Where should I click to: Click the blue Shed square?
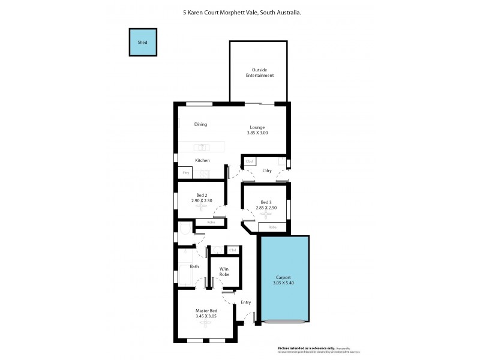pos(142,43)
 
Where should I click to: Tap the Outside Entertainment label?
pos(259,73)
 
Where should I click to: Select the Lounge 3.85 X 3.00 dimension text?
pos(257,133)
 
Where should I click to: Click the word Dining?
pos(200,125)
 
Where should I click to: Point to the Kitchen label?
pos(202,160)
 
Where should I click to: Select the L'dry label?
pos(268,171)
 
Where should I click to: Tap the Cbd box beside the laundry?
pos(250,161)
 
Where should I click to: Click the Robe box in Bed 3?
pos(272,227)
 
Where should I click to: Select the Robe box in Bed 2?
pos(211,223)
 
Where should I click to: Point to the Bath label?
pos(194,266)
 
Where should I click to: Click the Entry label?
pos(246,302)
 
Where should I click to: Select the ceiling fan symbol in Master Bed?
pos(206,323)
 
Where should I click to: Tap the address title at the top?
pos(242,11)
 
